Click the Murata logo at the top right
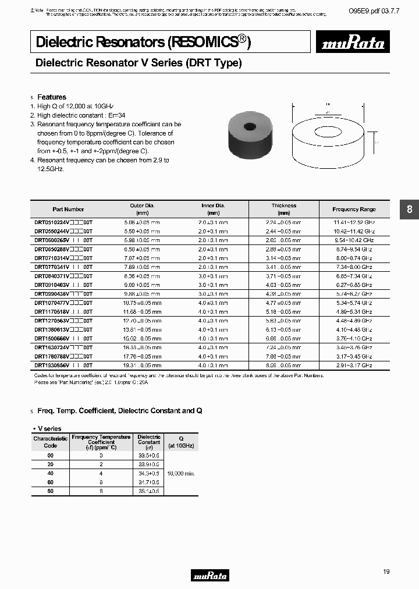coord(354,42)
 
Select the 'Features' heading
coord(52,97)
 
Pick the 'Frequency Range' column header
coord(354,210)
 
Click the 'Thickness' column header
coord(283,205)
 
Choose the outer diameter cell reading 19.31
coord(142,365)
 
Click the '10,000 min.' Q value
coord(180,474)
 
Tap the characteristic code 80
coord(51,491)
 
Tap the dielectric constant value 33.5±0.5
coord(149,456)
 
